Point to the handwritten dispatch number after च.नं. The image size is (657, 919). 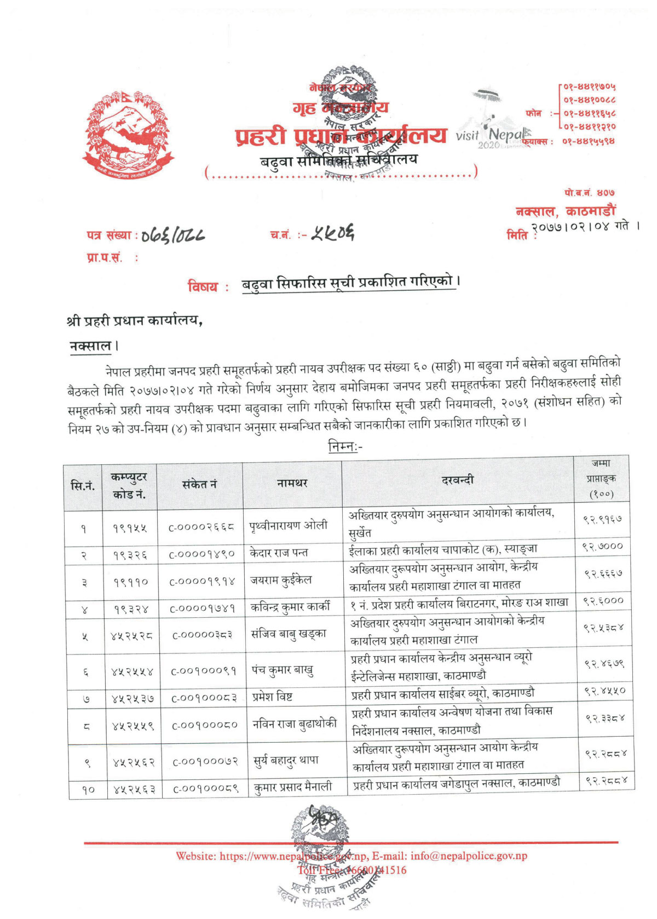332,234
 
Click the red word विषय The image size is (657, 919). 202,286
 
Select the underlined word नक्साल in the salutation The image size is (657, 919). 91,346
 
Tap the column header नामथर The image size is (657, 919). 292,483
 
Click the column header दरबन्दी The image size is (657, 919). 458,480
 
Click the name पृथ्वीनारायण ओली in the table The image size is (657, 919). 289,525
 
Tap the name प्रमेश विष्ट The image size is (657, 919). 272,697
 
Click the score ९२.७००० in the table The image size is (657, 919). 602,547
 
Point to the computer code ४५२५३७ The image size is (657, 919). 132,699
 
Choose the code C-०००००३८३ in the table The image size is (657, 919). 202,635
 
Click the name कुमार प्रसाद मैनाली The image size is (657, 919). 293,787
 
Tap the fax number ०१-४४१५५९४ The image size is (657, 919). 588,141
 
